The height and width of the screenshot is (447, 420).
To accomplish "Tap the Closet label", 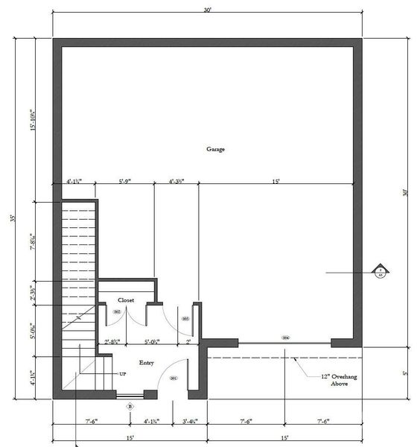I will coord(126,300).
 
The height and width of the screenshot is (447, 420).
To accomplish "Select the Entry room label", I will coord(146,363).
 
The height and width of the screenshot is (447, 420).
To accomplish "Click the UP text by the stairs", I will coord(122,372).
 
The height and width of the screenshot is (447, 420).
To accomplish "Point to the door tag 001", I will coord(173,378).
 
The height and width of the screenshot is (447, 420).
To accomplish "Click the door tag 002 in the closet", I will coord(117,311).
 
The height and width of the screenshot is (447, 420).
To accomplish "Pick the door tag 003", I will coord(185,318).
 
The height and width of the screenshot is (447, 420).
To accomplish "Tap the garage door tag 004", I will coord(285,337).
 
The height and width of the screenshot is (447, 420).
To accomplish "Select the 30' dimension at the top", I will coord(208,10).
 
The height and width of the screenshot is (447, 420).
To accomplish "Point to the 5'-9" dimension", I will coord(127,180).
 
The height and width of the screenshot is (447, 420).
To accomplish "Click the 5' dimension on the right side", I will coord(405,372).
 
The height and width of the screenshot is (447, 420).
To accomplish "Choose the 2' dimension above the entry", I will coord(188,342).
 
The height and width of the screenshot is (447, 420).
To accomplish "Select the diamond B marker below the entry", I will coord(130,407).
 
